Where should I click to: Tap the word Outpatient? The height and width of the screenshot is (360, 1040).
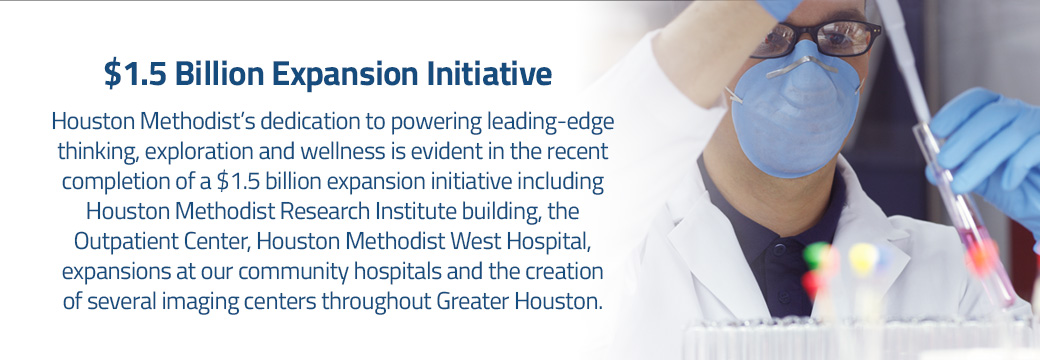point(122,242)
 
